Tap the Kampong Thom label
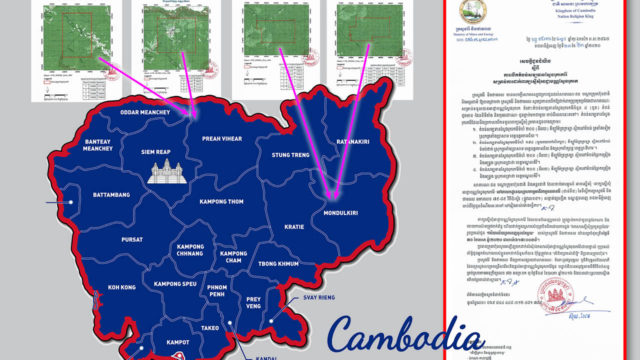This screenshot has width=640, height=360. click(227, 203)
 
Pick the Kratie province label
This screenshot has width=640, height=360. click(293, 227)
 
